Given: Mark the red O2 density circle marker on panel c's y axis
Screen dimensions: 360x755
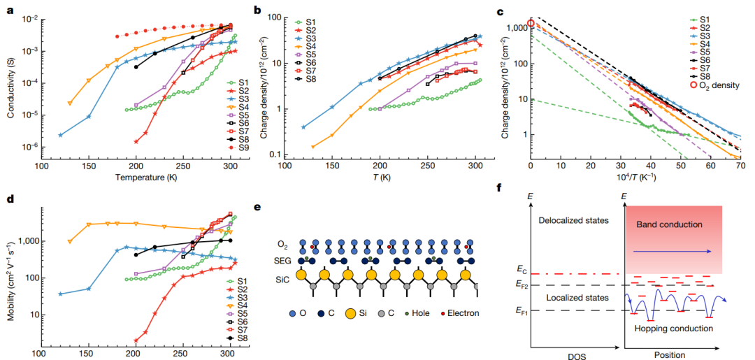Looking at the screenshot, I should tap(531, 23).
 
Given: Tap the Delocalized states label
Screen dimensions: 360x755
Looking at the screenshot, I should tap(573, 222).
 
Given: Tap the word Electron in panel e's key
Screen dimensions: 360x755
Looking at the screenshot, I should tap(465, 313).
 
